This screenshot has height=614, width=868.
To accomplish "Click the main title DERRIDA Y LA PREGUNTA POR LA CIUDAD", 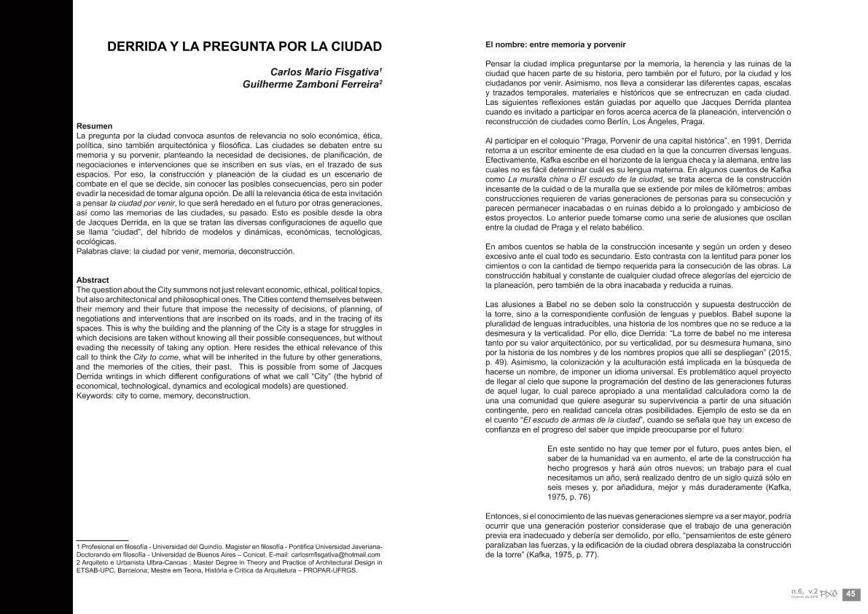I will (244, 47).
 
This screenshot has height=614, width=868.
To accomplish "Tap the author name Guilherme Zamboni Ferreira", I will (311, 85).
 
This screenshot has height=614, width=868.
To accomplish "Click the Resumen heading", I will (94, 126).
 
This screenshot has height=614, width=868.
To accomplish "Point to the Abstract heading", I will (93, 280).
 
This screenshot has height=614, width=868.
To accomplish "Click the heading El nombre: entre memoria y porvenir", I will (555, 44).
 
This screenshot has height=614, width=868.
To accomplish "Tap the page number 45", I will (851, 594).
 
